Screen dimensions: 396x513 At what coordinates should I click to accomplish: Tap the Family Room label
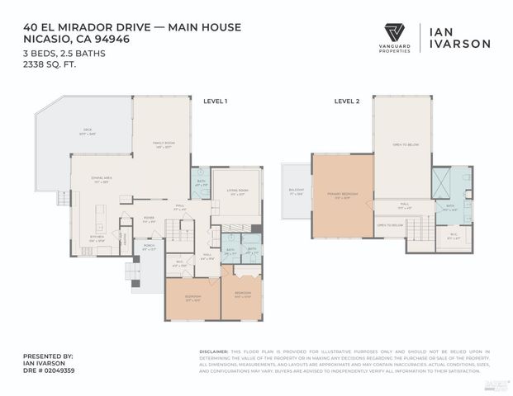[163, 144]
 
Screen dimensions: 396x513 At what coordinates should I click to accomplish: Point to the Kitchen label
[97, 238]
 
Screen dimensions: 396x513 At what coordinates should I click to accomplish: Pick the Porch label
[149, 247]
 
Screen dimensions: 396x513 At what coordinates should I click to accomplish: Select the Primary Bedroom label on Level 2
[342, 196]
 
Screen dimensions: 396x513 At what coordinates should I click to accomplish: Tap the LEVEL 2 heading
[345, 101]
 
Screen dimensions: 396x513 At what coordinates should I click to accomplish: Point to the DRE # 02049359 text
[49, 370]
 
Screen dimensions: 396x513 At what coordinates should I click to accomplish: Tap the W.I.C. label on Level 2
[453, 236]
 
